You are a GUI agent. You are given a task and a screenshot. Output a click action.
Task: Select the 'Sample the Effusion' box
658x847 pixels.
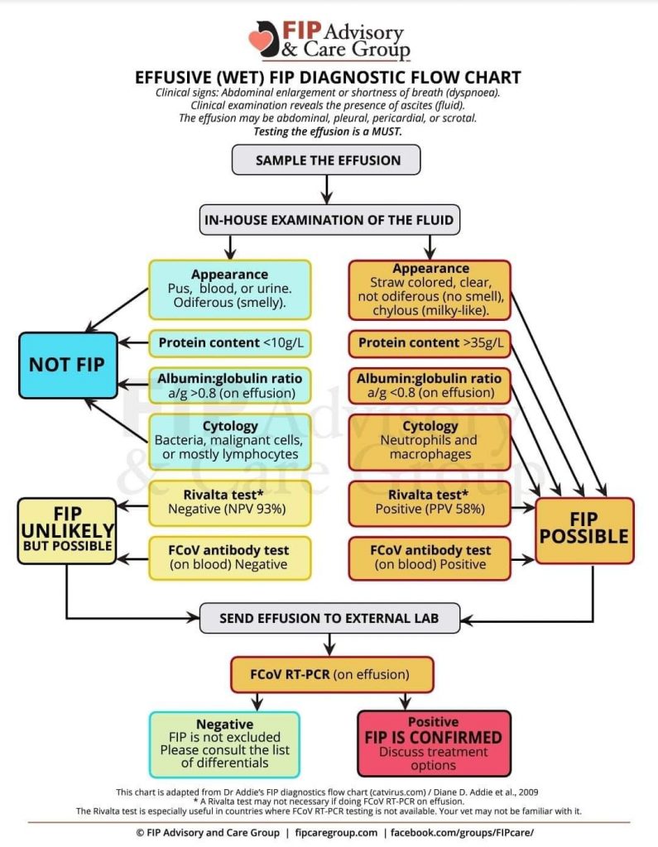tap(328, 160)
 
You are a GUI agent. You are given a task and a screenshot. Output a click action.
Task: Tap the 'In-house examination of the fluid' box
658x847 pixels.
tap(328, 220)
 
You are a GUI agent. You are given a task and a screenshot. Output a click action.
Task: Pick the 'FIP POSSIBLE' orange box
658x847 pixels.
tap(585, 530)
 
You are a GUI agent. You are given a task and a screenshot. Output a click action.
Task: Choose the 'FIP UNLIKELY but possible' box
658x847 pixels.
tap(67, 530)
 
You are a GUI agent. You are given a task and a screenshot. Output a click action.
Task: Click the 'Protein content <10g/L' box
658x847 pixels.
tap(229, 342)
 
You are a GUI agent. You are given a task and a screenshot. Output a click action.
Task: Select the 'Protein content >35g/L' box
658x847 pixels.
tap(430, 342)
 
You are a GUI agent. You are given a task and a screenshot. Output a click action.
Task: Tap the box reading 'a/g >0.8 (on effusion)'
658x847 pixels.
tap(229, 385)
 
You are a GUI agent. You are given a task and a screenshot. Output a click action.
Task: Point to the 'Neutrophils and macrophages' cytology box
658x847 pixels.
tap(430, 440)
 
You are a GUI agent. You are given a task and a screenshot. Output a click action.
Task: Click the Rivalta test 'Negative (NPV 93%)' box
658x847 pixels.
tap(229, 501)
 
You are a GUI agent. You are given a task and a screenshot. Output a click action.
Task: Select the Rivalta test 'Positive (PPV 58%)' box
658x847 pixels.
tap(430, 501)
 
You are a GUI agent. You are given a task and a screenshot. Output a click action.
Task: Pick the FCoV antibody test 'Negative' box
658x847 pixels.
tap(229, 557)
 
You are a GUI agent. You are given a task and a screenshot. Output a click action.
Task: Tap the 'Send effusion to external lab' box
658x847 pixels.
tap(329, 618)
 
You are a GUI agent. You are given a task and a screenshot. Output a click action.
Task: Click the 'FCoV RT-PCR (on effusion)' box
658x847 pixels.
tap(331, 674)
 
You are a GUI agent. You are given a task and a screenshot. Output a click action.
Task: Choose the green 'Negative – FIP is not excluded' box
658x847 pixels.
tap(225, 744)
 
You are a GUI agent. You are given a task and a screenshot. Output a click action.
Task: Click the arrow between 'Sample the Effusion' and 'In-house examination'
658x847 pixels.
tap(328, 189)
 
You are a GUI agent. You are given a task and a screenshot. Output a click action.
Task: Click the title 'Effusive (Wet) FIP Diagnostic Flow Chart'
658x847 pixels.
tap(328, 78)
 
